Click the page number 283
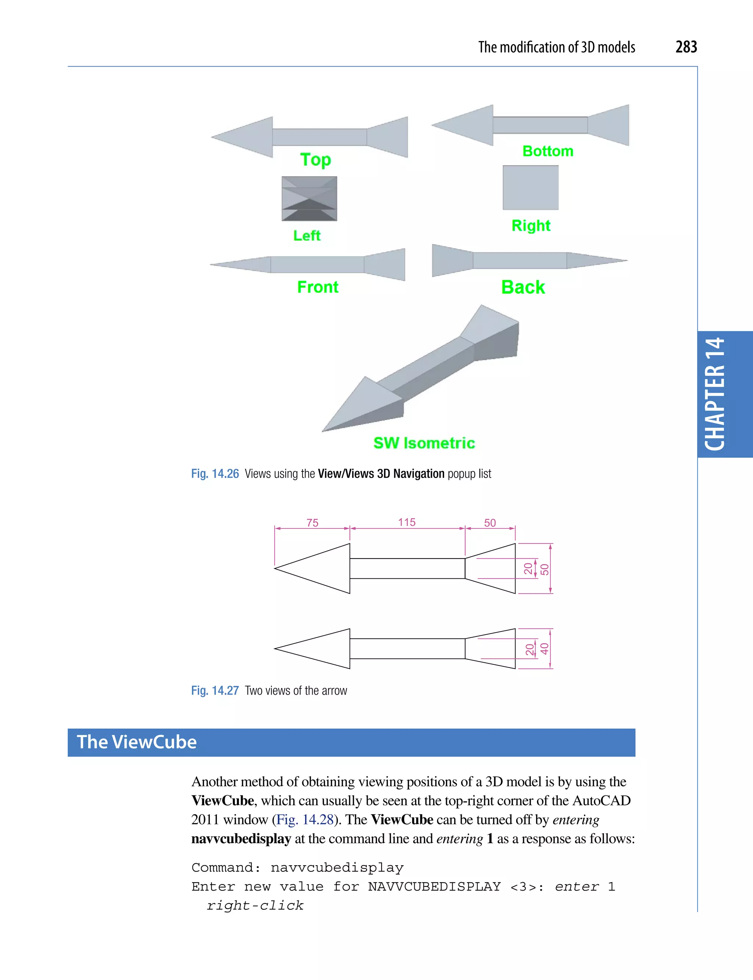point(686,47)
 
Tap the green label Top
point(315,160)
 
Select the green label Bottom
point(548,151)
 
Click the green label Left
point(307,235)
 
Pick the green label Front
point(318,287)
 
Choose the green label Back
point(522,287)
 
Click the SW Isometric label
point(424,443)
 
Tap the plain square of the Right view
point(530,188)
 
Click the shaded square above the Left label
point(309,199)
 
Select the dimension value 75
point(313,523)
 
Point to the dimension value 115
point(407,522)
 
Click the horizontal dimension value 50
point(490,523)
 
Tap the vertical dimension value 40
point(544,649)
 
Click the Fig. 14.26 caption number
point(215,474)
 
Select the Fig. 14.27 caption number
point(215,690)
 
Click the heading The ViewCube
point(137,742)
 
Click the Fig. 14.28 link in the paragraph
point(305,820)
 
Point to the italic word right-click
point(255,906)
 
